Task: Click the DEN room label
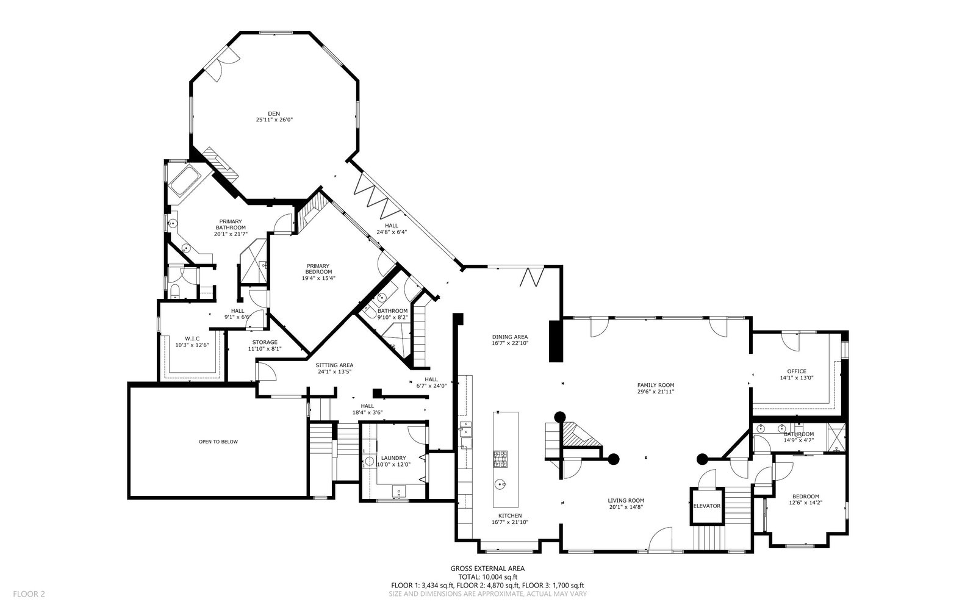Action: click(274, 113)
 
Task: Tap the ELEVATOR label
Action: click(707, 506)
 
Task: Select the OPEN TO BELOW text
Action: click(218, 442)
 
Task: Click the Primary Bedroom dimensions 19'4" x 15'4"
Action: click(318, 278)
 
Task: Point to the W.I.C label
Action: click(192, 339)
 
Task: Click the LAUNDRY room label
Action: click(393, 458)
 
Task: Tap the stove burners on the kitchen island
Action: click(500, 459)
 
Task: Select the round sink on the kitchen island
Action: click(501, 484)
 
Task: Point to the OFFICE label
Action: click(797, 371)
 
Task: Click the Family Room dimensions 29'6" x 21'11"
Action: click(656, 391)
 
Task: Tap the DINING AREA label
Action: click(510, 337)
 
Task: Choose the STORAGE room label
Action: click(265, 342)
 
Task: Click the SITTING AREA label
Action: click(334, 365)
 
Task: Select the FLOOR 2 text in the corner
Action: click(29, 594)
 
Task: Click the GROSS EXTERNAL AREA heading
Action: click(487, 568)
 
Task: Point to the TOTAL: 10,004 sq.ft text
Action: click(487, 577)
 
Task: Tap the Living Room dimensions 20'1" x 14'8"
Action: click(626, 507)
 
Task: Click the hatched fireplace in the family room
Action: click(580, 435)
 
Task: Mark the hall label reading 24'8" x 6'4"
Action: click(391, 232)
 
